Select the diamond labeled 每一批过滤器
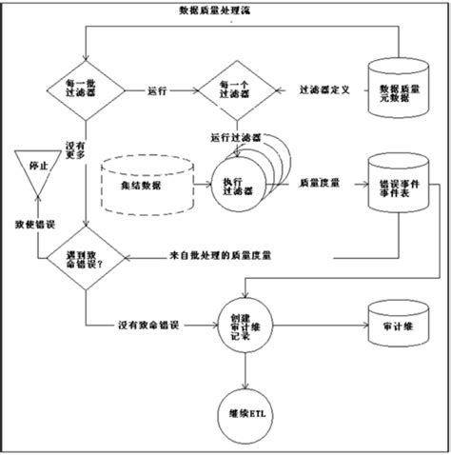point(86,91)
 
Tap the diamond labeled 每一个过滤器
point(232,91)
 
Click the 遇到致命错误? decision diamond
point(86,257)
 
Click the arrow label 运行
point(158,91)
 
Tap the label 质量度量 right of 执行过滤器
point(316,182)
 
